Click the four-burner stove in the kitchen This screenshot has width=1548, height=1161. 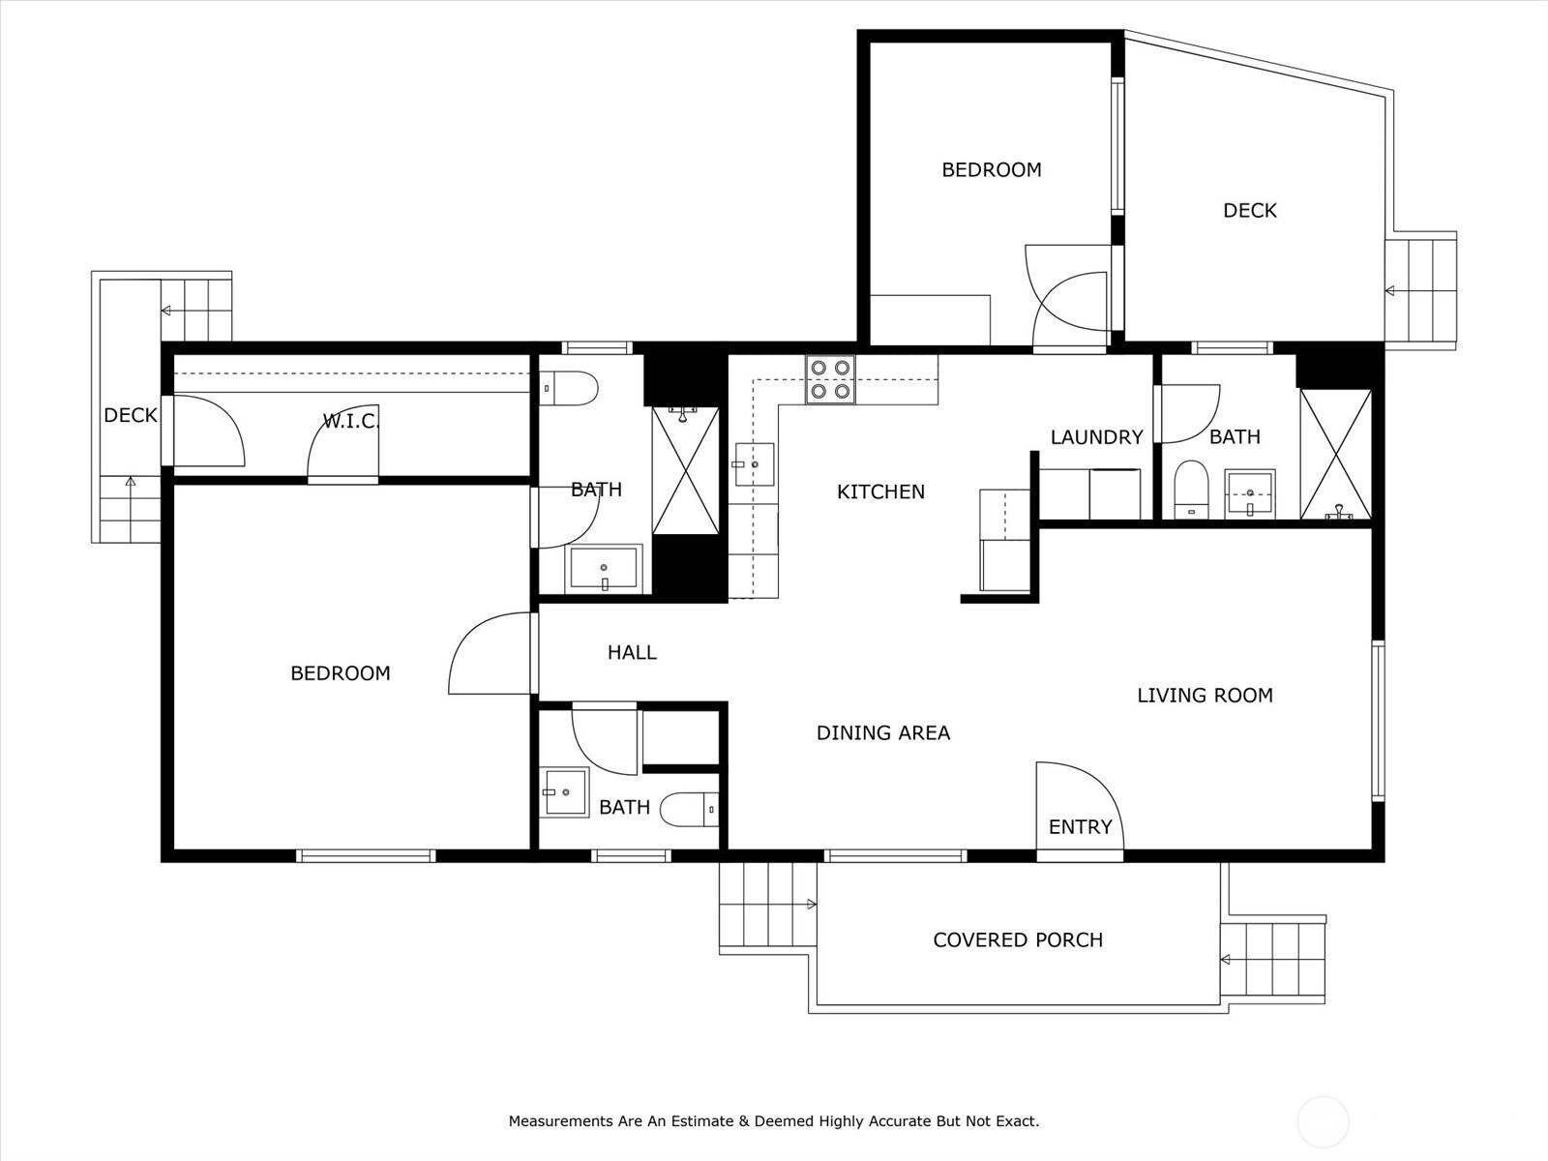pos(830,379)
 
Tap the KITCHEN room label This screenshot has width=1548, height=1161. pos(880,492)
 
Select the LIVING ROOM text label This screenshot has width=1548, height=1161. pos(1205,696)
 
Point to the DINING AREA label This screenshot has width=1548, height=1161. pos(883,733)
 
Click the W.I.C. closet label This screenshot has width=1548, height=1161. pos(350,422)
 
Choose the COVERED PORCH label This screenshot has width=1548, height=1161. pos(1018,939)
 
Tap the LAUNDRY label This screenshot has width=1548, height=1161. pos(1096,437)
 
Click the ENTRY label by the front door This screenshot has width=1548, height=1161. pos(1080,827)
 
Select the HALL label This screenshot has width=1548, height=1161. pos(632,653)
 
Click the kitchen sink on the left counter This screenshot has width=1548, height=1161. pos(754,464)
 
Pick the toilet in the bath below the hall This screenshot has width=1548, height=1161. pos(689,809)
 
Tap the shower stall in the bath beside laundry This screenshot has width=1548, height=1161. pos(1336,455)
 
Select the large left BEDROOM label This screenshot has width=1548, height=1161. pos(340,673)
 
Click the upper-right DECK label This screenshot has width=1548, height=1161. pos(1250,211)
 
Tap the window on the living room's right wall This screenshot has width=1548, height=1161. pos(1378,721)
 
